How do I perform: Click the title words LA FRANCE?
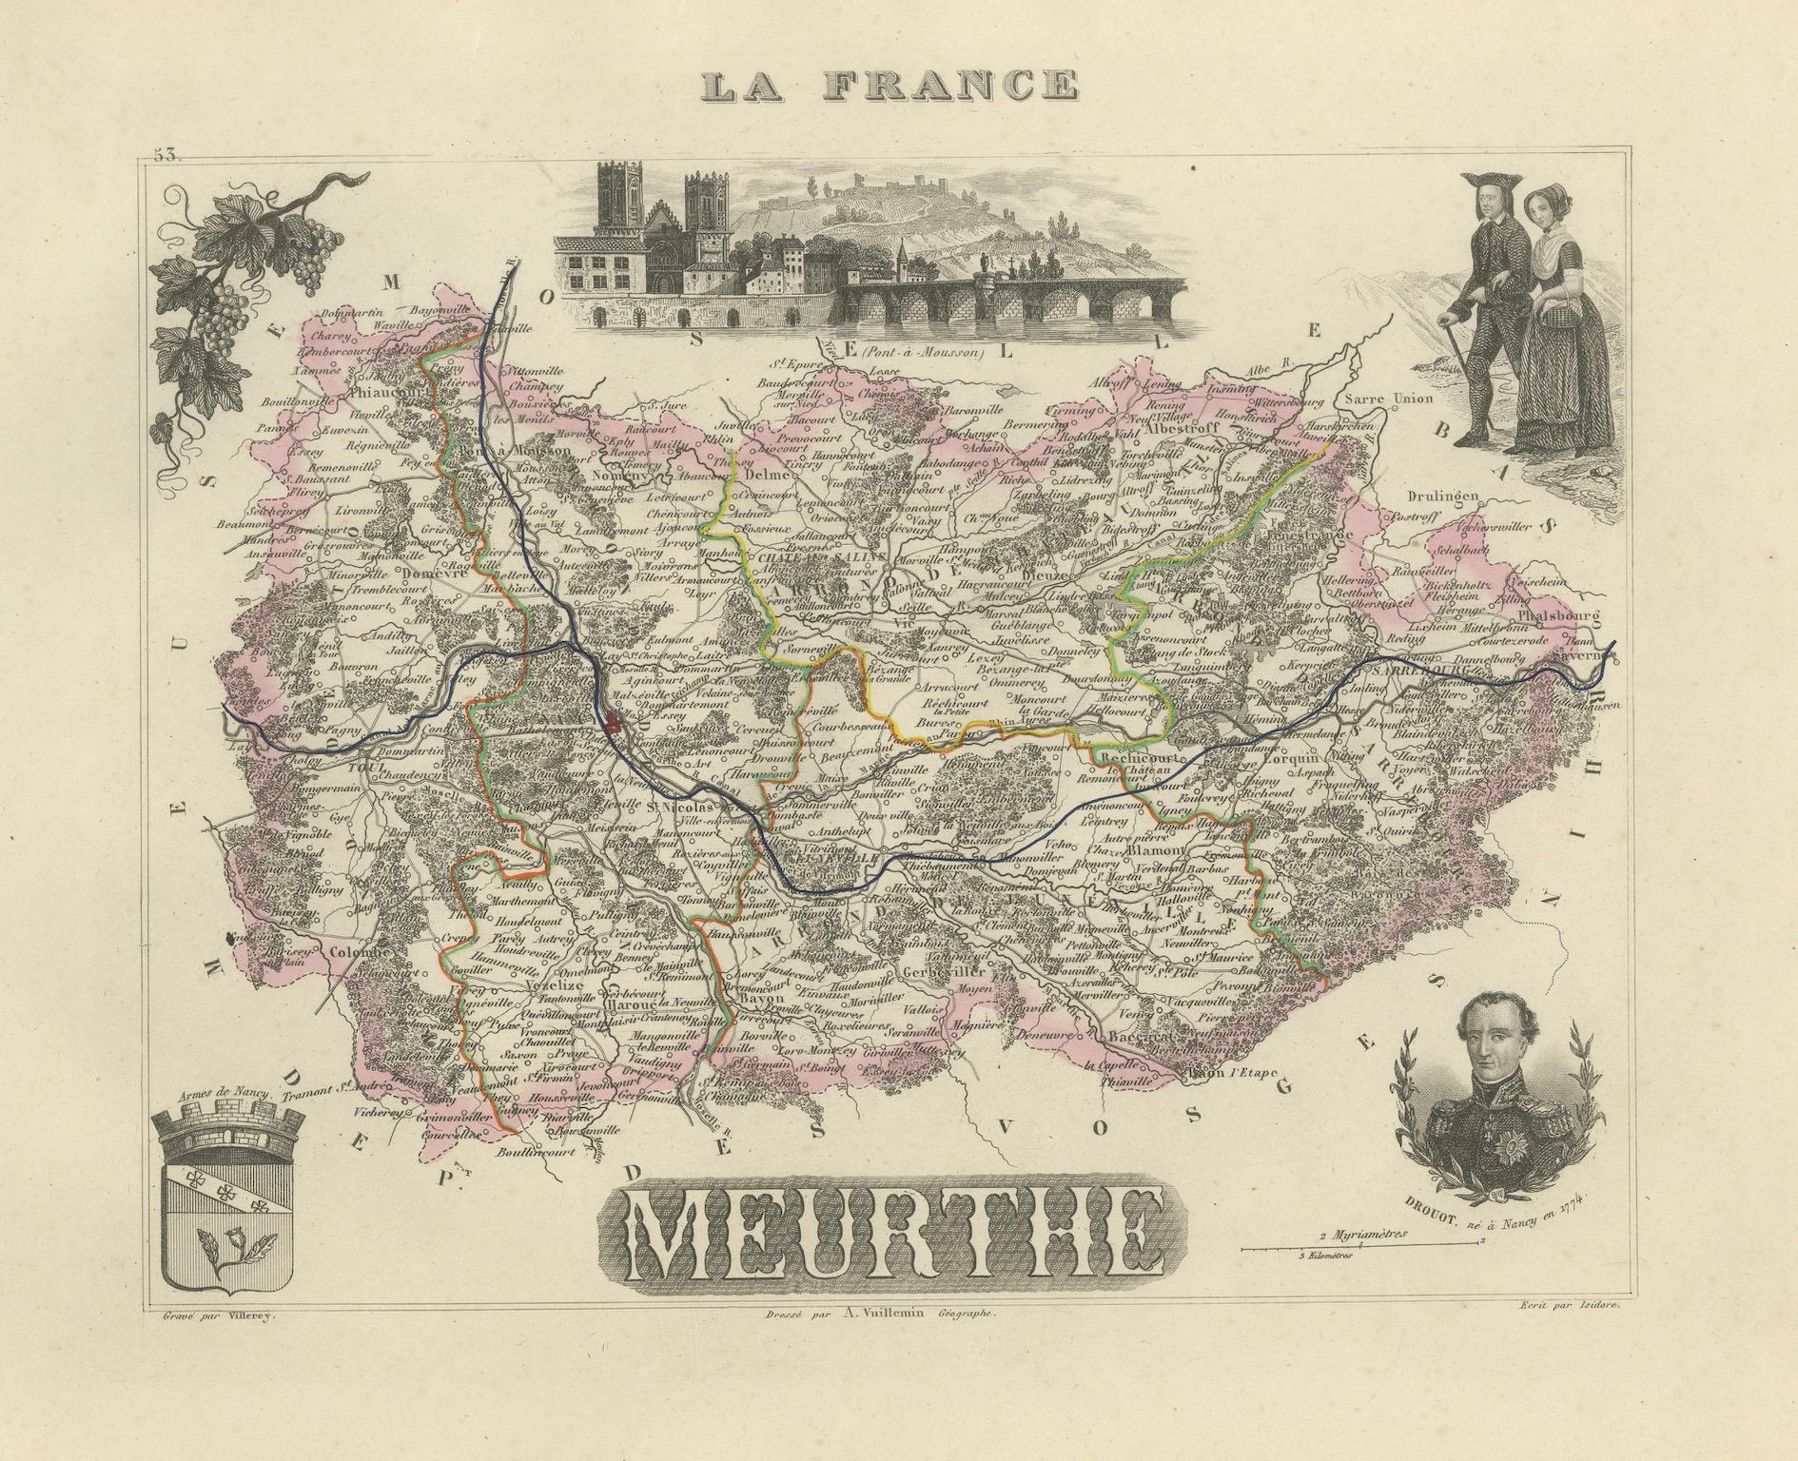pos(889,86)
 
